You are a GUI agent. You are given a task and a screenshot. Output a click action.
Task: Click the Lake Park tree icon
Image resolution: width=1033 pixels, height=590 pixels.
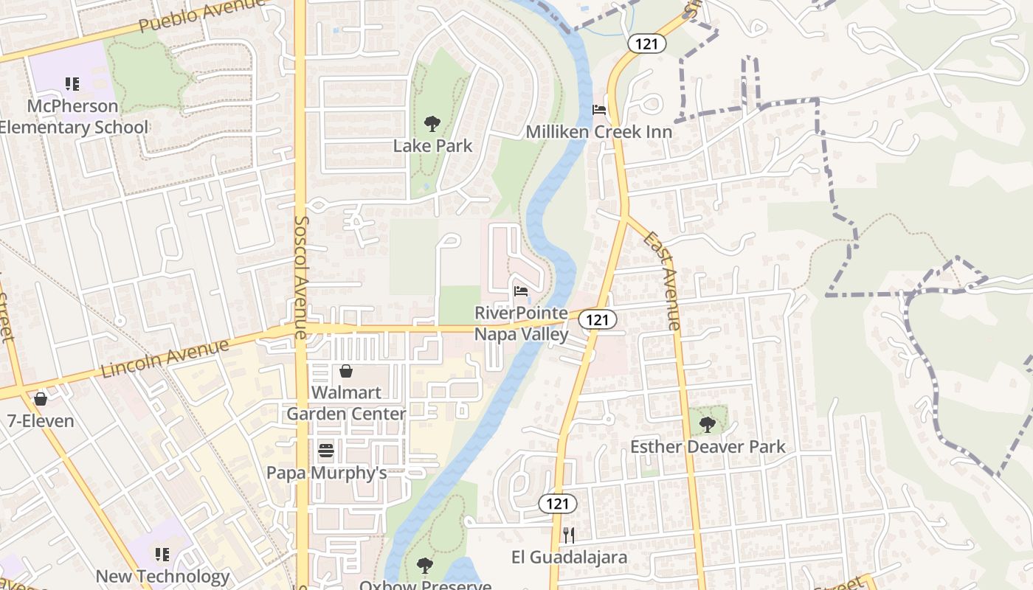tap(432, 123)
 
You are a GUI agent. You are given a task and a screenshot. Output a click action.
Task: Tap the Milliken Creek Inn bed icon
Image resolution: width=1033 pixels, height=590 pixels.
tap(599, 110)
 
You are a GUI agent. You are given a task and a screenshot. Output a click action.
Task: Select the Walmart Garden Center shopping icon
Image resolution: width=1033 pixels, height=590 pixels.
tap(345, 370)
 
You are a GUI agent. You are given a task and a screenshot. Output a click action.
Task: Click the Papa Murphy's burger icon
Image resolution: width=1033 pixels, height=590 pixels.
tap(326, 450)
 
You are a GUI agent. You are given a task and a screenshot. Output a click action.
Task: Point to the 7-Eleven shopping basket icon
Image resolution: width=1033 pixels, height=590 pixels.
tap(41, 399)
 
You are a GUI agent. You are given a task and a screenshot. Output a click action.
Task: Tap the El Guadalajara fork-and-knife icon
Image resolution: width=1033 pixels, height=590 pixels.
tap(568, 535)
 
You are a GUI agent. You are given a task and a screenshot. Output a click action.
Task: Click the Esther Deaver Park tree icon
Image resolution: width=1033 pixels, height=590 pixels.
tap(707, 424)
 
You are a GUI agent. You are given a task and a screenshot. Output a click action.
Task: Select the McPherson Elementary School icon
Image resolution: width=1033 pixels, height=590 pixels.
tap(72, 84)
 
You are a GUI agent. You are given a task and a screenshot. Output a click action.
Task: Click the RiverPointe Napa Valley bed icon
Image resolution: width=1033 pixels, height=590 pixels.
tap(521, 291)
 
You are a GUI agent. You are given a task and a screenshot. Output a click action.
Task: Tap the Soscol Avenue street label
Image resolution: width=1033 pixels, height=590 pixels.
tap(300, 277)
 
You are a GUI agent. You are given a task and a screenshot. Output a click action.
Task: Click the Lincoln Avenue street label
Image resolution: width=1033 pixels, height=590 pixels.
tap(165, 359)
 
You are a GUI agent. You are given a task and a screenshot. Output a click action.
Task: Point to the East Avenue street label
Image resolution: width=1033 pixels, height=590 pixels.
tap(662, 280)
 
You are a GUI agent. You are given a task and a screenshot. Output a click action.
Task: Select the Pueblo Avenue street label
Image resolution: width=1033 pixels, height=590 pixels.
tap(201, 15)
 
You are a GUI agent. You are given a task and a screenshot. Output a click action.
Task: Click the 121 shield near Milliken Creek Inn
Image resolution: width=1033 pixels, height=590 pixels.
tap(647, 44)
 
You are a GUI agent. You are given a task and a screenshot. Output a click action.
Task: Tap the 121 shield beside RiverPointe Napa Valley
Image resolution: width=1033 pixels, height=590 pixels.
tap(597, 319)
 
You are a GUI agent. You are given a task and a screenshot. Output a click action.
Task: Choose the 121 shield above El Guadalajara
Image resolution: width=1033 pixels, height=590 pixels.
tap(557, 504)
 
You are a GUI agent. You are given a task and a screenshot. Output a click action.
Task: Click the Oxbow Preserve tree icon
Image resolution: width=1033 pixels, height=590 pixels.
tap(424, 566)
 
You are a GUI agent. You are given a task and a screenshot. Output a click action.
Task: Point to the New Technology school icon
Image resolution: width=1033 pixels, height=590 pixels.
tap(162, 554)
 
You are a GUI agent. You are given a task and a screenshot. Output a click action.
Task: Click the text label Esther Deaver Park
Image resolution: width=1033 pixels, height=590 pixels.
tap(707, 447)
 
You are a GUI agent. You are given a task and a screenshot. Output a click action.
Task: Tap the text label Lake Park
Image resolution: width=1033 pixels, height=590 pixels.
tap(432, 146)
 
